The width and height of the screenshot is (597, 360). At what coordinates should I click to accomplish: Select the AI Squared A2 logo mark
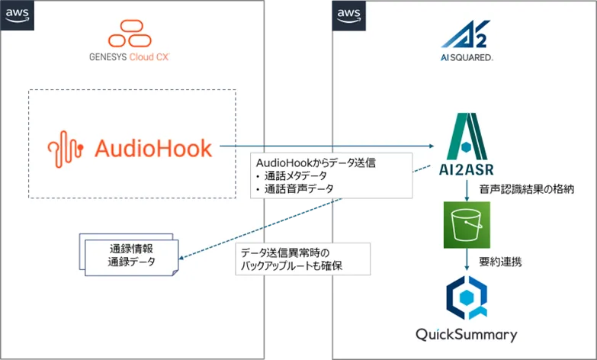[x=465, y=36]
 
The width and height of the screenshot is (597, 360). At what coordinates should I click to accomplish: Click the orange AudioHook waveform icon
[x=66, y=148]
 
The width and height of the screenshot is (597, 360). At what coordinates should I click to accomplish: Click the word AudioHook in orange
[x=152, y=148]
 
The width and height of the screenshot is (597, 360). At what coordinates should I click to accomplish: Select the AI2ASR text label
[x=464, y=169]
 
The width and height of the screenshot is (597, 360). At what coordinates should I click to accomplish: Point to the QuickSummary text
[x=466, y=334]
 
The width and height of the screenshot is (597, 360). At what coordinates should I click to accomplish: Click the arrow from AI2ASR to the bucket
[x=464, y=191]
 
